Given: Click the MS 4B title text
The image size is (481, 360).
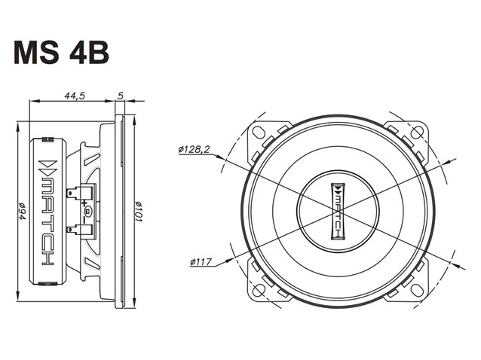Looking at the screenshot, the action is click(x=61, y=53).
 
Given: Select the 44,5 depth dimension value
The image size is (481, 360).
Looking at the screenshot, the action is click(x=74, y=96).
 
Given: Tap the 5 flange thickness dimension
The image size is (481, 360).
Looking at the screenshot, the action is click(x=121, y=96).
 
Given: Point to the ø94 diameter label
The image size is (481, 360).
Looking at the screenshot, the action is click(x=22, y=211).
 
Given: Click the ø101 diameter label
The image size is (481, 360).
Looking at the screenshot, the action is click(x=139, y=212).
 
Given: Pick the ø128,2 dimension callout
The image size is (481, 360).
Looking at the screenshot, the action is click(x=195, y=150).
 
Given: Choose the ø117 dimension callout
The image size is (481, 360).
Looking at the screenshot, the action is click(x=201, y=262).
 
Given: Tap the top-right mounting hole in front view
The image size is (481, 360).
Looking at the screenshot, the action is click(x=417, y=132).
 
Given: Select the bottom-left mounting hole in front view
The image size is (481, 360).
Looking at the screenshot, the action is click(x=259, y=290).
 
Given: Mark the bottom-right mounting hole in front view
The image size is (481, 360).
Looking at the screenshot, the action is click(x=417, y=290).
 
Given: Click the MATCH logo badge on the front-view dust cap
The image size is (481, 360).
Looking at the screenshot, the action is click(x=338, y=211).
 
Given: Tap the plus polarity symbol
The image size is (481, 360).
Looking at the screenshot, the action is click(x=84, y=203).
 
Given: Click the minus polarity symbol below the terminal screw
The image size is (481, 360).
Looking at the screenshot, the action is click(x=84, y=220).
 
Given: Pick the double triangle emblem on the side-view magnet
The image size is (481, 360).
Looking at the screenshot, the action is click(x=47, y=166).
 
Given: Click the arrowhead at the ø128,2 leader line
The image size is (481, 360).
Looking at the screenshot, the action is click(x=219, y=157).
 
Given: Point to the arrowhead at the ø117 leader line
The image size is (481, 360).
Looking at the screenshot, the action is click(x=229, y=260).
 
